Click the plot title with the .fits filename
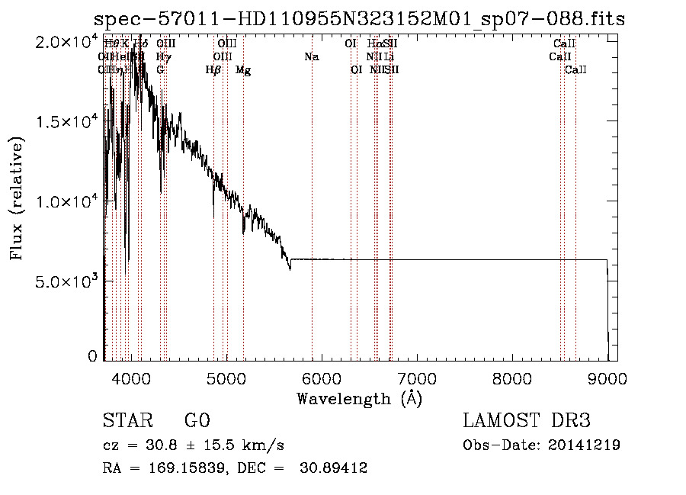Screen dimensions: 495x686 coord(359,19)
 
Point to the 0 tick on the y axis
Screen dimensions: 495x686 coord(93,356)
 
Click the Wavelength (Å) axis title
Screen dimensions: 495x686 coord(359,398)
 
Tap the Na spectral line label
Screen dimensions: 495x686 coord(312,56)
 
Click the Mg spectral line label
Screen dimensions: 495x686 coord(243,70)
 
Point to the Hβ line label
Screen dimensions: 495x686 coord(213,70)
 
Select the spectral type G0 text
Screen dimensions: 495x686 coord(197,421)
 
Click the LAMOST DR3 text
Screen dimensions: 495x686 coord(527,421)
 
